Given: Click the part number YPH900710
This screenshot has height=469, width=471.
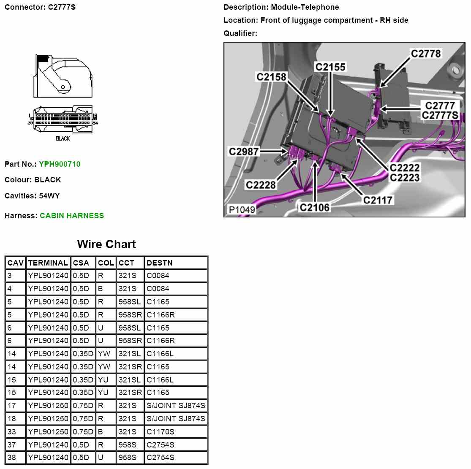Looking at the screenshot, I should [x=60, y=164].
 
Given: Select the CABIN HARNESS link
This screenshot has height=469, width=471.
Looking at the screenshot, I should [x=72, y=216].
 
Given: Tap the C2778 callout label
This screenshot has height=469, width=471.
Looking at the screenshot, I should [x=426, y=54].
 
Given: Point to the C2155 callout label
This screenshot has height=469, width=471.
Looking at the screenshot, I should [x=330, y=67].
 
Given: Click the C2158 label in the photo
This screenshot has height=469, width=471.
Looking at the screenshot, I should [x=271, y=77].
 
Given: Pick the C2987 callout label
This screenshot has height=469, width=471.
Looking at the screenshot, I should [x=243, y=152].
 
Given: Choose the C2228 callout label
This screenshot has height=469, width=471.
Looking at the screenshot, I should [x=261, y=185].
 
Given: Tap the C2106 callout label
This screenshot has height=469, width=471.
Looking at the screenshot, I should [x=315, y=207].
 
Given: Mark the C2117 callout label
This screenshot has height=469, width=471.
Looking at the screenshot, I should [x=378, y=200].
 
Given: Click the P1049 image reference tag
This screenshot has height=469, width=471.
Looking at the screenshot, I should [x=242, y=209].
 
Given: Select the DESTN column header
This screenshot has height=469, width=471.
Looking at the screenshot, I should [x=159, y=263].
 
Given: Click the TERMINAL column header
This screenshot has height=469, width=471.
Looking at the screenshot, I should [x=48, y=263].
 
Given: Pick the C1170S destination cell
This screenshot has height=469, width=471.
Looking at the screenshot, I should [x=161, y=432].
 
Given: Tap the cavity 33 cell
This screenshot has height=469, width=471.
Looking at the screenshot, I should [x=12, y=432].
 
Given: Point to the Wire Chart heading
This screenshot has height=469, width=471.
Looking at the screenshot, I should [x=106, y=244].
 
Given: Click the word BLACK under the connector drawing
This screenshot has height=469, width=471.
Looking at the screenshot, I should [x=63, y=138].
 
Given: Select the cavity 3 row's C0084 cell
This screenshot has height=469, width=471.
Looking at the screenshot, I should [x=158, y=276].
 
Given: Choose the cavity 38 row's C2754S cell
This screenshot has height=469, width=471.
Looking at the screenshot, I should [x=161, y=458].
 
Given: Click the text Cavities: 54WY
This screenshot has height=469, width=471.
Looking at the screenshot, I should [x=32, y=196].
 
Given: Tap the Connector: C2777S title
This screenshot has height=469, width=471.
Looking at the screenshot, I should [x=40, y=7].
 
